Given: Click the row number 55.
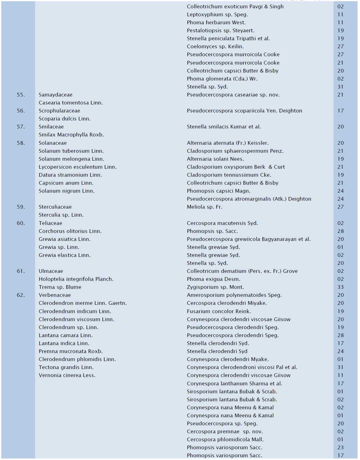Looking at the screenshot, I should (21, 95).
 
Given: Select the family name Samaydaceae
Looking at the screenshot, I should (55, 95).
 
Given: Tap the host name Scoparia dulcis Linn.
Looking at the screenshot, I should (65, 119).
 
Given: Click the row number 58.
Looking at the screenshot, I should (21, 143).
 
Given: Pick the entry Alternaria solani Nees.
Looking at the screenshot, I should (215, 159).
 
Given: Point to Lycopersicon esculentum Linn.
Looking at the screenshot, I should (77, 167).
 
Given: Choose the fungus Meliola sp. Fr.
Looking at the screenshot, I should (204, 207).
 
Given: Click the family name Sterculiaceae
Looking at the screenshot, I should (55, 207).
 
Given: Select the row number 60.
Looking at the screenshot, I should (21, 223).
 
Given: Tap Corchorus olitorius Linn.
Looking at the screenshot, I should (70, 231).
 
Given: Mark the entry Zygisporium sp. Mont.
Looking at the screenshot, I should (215, 287).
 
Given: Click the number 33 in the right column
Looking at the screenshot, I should (340, 287).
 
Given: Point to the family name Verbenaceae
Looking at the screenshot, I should (55, 295).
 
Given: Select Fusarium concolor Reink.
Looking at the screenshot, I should (219, 311).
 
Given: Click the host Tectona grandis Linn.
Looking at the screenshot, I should (66, 367).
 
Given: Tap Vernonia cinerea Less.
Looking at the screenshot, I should (67, 375).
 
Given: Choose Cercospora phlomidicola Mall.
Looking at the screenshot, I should (225, 439).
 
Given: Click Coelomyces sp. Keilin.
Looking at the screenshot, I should (215, 46).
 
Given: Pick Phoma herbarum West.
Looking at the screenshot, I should (216, 22).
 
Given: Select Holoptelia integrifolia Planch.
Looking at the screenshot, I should (76, 279).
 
